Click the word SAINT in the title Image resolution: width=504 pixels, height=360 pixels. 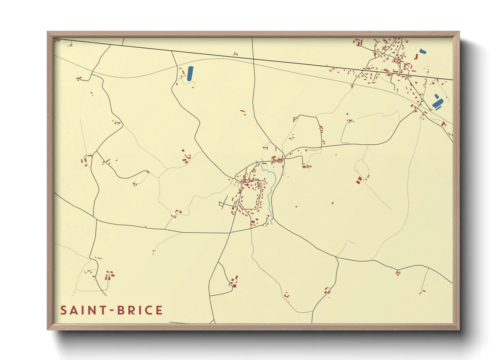point(83,310)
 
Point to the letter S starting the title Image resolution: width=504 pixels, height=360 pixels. point(63,310)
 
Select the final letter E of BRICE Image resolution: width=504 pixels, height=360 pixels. point(159,310)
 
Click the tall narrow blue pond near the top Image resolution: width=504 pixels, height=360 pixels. point(190,73)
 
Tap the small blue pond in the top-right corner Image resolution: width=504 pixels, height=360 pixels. point(423,52)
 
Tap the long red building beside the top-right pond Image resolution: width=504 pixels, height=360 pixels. point(416,57)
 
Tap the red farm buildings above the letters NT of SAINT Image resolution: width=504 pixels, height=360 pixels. point(109,275)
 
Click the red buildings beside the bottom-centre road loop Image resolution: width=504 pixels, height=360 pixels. point(234,282)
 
